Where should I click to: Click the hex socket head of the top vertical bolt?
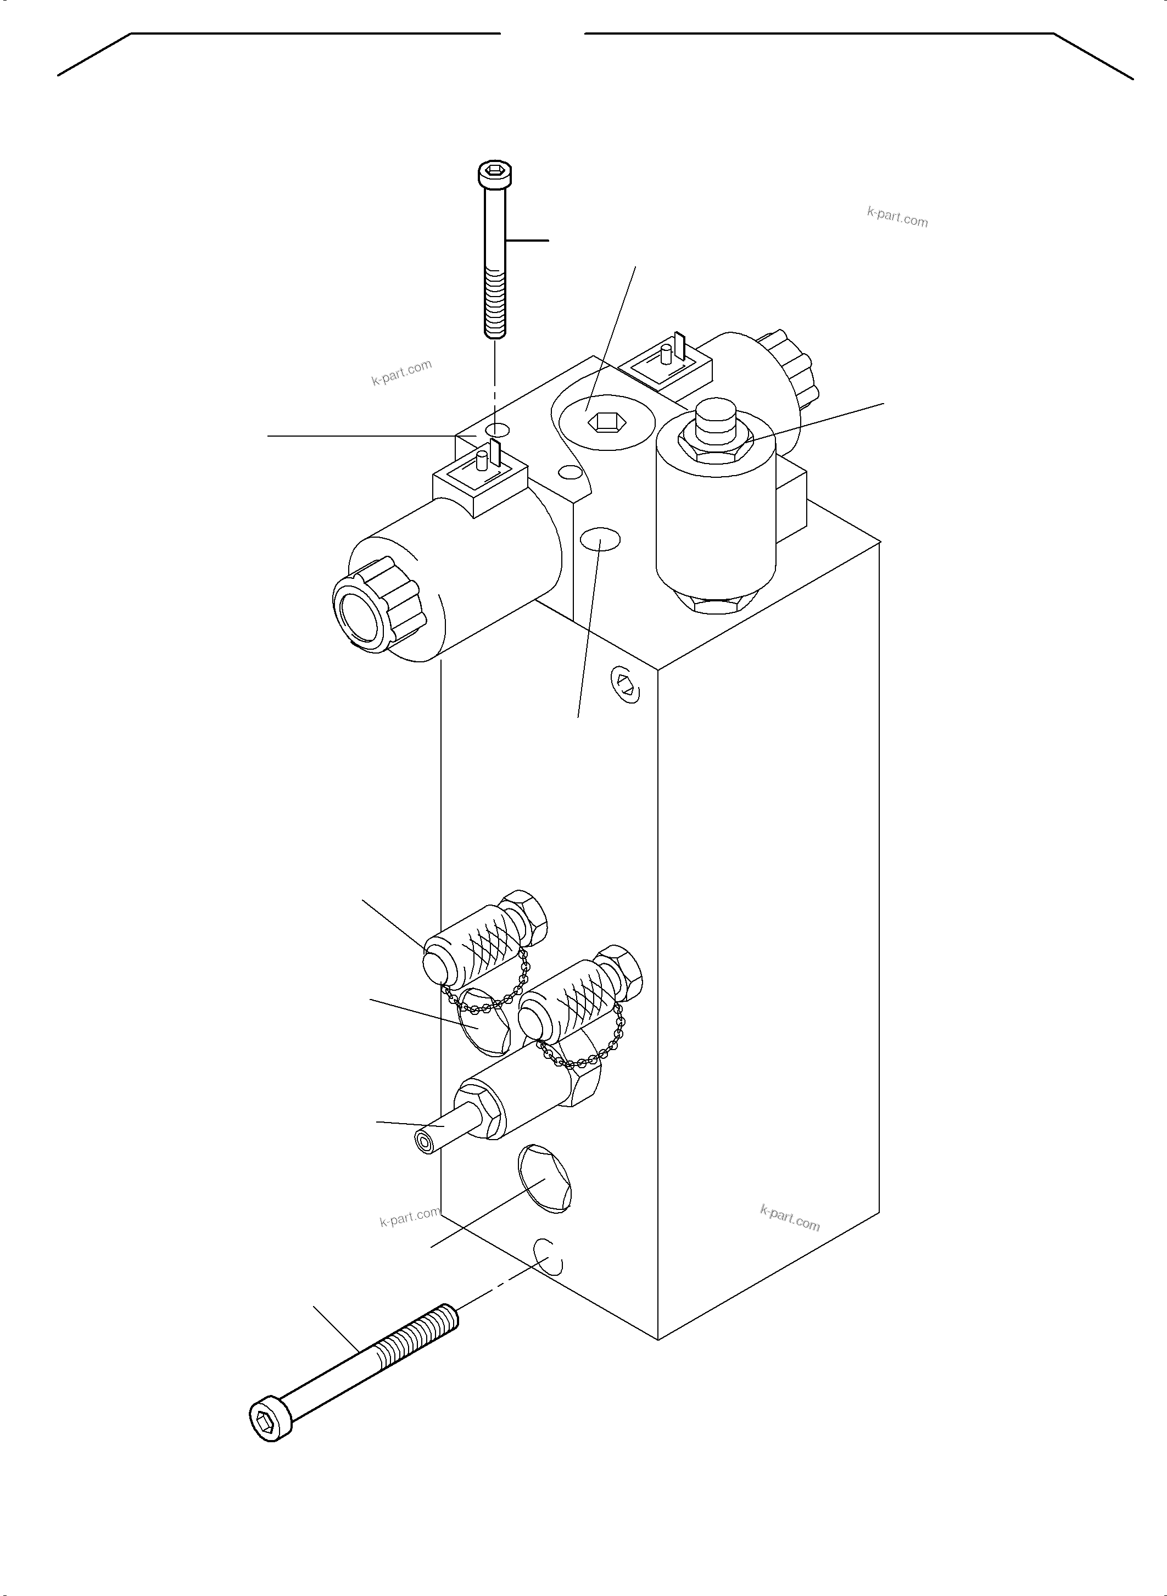[x=494, y=172]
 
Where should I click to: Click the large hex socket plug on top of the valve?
[x=602, y=422]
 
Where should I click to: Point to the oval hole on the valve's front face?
[x=600, y=540]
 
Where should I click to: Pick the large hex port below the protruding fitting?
[x=545, y=1179]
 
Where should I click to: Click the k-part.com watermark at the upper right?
[x=897, y=217]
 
